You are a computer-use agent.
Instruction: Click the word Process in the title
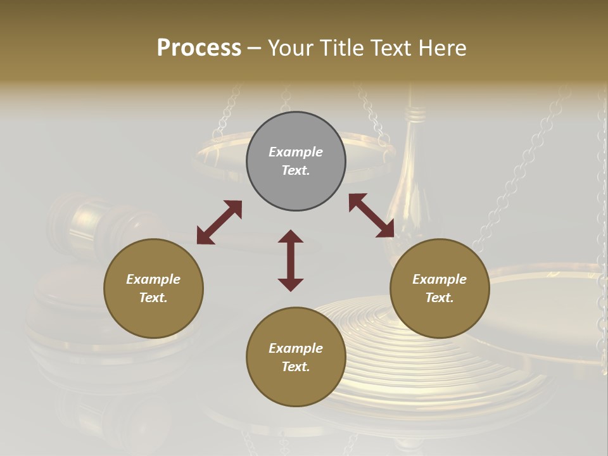point(199,48)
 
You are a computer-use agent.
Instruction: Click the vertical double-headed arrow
point(291,261)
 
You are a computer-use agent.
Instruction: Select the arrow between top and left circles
point(219,222)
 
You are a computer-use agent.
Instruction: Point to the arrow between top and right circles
point(371,215)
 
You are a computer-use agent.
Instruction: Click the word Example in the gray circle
point(296,152)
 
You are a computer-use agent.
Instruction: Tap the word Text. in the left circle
point(153,298)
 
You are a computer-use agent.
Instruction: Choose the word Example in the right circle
point(440,279)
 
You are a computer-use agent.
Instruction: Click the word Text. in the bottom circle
point(296,367)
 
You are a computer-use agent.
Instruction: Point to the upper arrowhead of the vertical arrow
point(291,236)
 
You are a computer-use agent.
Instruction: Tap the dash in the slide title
point(255,48)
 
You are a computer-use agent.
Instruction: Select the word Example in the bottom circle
point(296,348)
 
